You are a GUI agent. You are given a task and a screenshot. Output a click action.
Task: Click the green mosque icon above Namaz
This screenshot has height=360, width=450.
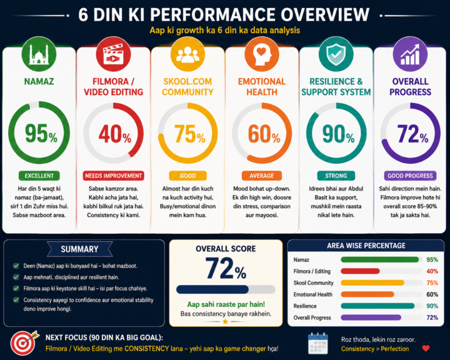(39, 54)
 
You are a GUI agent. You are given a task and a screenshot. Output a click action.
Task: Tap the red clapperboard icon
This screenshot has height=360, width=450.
(113, 54)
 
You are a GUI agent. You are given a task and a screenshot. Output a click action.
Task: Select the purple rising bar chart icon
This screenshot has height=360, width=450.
(410, 54)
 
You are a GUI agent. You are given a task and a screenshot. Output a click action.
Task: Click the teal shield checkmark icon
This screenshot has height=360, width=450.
(336, 54)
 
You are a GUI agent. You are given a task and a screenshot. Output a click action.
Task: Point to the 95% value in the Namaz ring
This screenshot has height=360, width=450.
(41, 133)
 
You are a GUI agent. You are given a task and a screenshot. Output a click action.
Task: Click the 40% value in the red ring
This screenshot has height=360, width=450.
(115, 134)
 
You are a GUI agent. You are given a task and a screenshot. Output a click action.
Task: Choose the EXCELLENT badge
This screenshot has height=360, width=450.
(39, 176)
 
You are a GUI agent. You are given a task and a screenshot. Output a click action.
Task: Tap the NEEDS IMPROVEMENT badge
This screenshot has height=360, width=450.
(113, 176)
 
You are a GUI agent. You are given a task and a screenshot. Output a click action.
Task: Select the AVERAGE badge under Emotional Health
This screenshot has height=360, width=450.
(262, 176)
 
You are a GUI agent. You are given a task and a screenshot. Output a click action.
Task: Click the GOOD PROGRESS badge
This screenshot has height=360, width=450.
(410, 176)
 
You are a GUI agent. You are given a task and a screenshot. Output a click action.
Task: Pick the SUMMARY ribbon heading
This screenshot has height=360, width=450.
(79, 249)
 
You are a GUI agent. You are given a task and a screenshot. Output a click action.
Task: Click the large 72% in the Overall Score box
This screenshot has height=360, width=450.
(226, 268)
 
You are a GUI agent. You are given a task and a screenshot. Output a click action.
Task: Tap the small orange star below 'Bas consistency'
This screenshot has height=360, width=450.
(226, 321)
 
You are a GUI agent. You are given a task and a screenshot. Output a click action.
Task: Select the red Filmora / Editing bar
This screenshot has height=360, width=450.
(360, 271)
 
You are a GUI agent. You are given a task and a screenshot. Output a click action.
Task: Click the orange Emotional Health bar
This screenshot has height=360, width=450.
(367, 294)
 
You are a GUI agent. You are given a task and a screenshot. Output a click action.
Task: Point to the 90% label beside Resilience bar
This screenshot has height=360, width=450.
(432, 306)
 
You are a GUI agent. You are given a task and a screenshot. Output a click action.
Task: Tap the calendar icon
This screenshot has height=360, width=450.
(318, 343)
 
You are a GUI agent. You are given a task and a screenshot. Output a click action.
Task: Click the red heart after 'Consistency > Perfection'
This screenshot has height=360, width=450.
(426, 349)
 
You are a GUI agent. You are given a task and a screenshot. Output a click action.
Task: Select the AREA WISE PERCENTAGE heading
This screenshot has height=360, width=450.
(366, 246)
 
